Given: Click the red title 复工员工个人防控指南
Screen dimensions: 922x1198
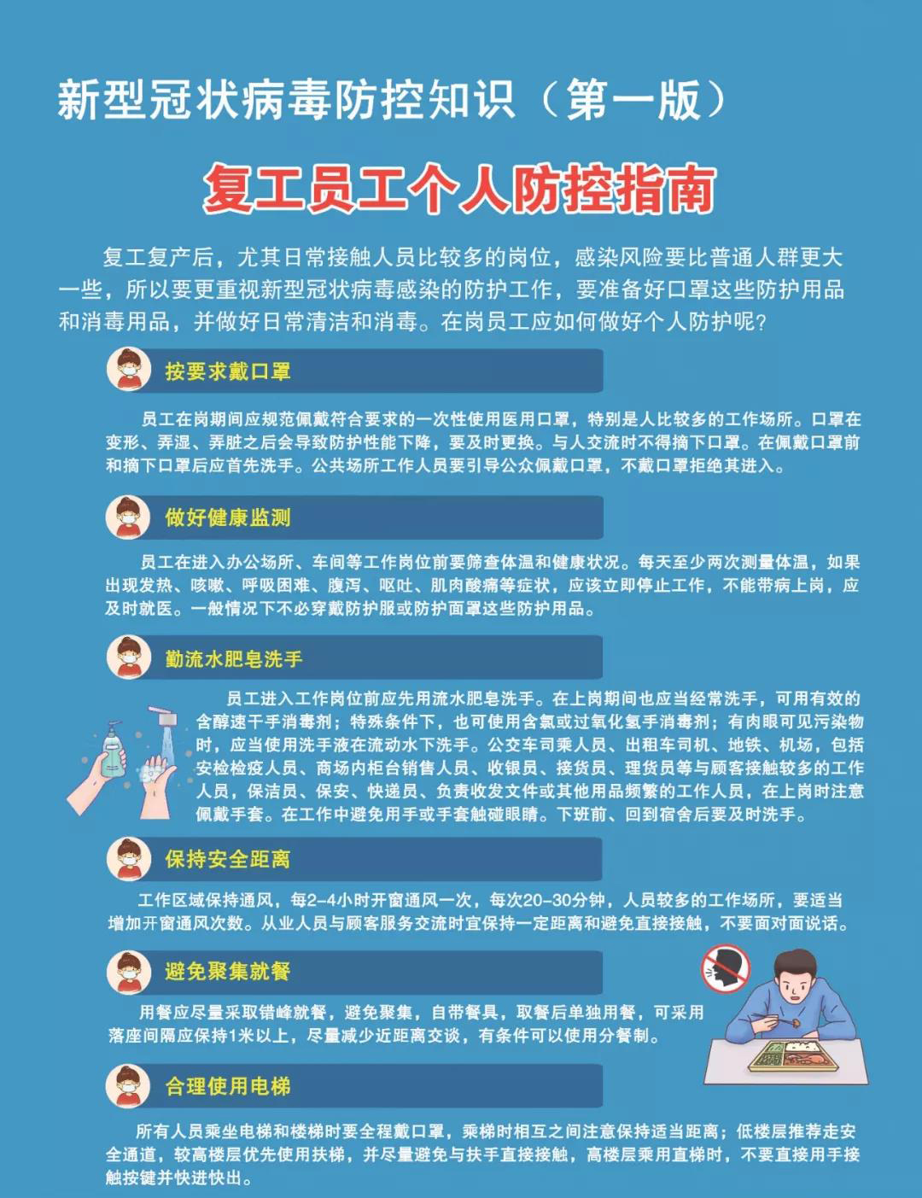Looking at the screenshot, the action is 459,189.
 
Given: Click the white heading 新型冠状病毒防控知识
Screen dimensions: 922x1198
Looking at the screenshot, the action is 286,100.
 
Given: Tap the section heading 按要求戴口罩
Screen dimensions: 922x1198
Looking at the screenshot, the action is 228,371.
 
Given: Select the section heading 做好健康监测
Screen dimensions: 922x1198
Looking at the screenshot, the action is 228,517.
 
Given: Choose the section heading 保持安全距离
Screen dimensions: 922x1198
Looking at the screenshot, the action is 228,859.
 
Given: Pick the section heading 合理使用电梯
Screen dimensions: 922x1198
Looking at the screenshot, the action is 228,1086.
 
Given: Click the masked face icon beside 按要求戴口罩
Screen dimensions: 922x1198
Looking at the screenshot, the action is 129,369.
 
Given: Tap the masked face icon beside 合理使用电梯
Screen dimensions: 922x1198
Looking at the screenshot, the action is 128,1086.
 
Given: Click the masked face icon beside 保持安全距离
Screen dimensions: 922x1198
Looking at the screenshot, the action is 129,859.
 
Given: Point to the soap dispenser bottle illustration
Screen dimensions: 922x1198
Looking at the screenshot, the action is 114,750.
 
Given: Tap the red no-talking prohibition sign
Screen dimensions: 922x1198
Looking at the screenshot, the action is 726,968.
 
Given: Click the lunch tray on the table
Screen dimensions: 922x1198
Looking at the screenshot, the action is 793,1055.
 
